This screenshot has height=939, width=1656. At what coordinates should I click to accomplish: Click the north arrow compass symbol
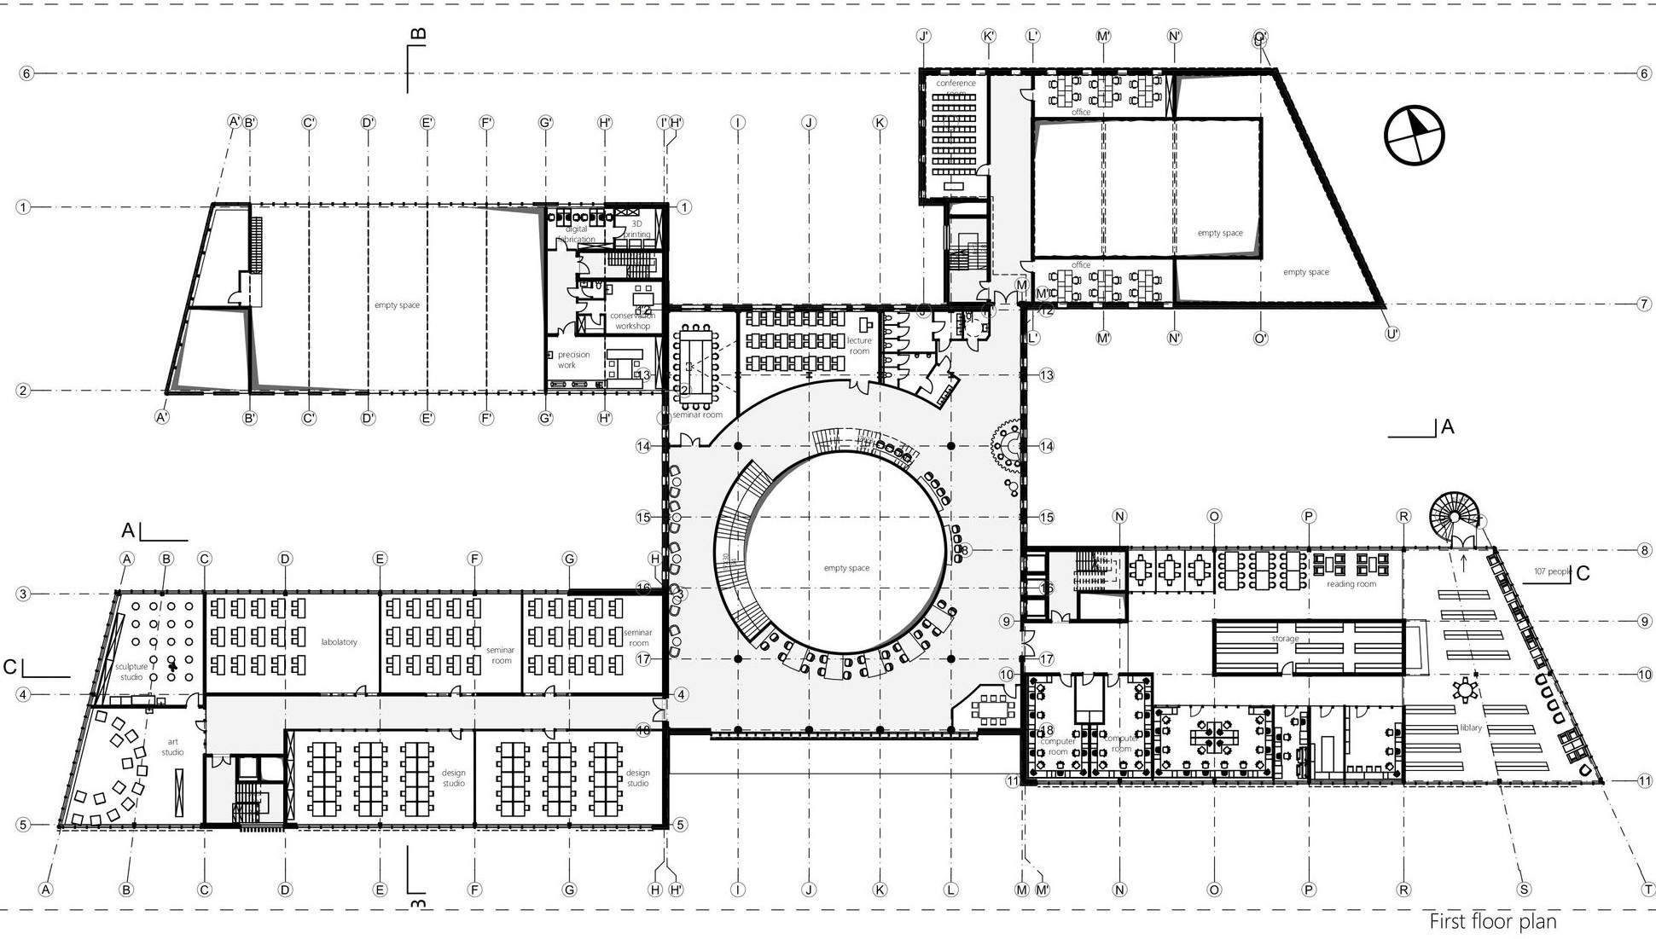1415,135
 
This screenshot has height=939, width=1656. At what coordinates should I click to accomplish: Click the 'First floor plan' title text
1492,922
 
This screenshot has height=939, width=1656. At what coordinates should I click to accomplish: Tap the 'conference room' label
956,84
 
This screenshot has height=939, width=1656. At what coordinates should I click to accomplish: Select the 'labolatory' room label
339,642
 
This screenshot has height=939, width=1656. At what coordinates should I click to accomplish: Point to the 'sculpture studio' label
131,672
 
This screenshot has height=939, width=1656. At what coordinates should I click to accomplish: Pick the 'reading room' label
1351,584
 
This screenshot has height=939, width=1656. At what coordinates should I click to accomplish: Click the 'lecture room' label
859,345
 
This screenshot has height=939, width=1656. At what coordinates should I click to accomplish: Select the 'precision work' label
572,360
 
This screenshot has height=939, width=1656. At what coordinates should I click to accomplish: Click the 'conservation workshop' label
632,321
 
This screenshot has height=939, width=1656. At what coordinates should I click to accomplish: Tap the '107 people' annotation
1550,571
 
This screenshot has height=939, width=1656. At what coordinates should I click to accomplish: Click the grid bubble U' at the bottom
1392,334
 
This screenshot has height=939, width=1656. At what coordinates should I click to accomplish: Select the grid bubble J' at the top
923,36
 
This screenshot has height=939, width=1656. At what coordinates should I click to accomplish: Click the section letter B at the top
418,35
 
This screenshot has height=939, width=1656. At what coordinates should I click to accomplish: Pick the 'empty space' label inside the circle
846,568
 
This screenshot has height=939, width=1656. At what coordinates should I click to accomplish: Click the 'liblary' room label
1470,728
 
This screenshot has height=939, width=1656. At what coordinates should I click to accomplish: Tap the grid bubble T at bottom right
1647,890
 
